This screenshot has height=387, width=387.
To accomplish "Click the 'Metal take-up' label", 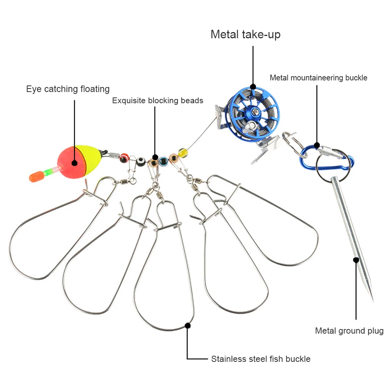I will (x=245, y=34).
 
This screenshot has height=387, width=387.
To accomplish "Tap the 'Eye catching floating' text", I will (x=68, y=89).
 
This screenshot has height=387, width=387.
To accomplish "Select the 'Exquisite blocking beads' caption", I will (x=158, y=101).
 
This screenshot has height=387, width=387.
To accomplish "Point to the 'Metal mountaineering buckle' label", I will (x=319, y=78).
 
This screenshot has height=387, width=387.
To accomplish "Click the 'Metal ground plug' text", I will (x=349, y=331).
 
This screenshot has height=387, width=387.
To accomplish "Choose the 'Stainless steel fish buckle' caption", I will (x=261, y=359).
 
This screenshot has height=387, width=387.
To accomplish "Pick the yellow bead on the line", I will (x=183, y=151).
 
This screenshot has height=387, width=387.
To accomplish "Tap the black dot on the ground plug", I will (x=356, y=260).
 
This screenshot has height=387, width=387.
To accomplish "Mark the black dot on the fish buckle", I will (x=188, y=326).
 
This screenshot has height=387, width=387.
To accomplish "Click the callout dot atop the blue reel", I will (x=253, y=86).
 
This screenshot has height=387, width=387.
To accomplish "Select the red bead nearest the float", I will (x=124, y=157).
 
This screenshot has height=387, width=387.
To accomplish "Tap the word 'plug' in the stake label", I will (x=375, y=331).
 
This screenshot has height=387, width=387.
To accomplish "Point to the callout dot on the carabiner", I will (x=317, y=145).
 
